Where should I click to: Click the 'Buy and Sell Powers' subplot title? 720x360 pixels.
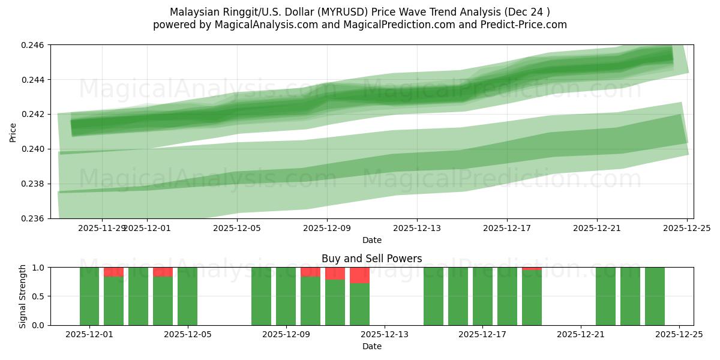pos(371,259)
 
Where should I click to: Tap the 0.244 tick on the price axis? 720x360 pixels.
pos(35,80)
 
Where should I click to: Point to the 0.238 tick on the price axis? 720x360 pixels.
pos(35,184)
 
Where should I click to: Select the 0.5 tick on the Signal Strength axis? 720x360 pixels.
pos(39,296)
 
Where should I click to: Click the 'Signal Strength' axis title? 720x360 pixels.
pos(22,296)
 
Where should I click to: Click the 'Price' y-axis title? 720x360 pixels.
pos(13,132)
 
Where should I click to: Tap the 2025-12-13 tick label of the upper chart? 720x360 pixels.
pos(417,228)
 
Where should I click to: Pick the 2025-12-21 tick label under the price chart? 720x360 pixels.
pos(597,228)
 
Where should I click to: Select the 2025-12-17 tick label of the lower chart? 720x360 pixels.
pos(482,335)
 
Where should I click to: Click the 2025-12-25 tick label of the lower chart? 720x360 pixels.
pos(679,335)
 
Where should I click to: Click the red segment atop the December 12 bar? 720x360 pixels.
pos(359,275)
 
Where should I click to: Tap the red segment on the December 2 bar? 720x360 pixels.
pos(114,272)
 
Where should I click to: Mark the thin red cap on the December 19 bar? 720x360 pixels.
pos(532,268)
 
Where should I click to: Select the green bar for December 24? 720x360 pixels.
pos(655,296)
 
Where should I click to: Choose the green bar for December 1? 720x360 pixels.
pos(89,296)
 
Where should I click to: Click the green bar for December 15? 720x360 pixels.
pos(433,296)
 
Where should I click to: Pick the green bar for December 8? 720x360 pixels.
pos(261,296)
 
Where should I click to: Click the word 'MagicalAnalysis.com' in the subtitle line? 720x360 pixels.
pos(267,25)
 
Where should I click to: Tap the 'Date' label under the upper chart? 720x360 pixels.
pos(371,240)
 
